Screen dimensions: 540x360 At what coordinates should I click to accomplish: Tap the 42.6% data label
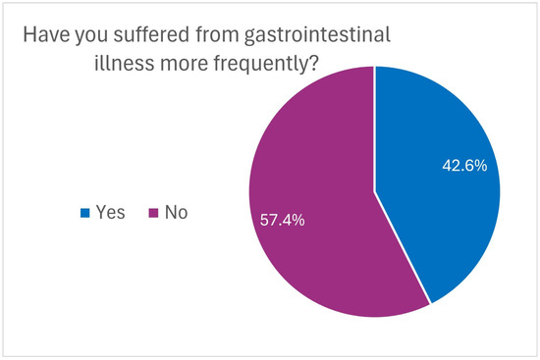[x=464, y=166]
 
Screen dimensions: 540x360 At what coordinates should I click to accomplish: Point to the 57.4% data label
[x=282, y=220]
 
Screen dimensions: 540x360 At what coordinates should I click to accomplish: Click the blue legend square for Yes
[x=85, y=213]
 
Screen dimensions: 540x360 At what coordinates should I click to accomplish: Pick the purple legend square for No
[x=153, y=213]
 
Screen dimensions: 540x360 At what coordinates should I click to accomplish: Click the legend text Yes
[x=111, y=212]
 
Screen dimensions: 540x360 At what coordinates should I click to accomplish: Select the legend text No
[x=177, y=212]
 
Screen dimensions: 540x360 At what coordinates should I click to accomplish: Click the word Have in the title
[x=46, y=34]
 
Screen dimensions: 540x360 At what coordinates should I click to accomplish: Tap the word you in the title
[x=91, y=37]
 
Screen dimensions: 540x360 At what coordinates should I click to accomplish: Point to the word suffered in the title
[x=151, y=34]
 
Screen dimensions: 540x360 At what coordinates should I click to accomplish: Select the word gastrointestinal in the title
[x=317, y=36]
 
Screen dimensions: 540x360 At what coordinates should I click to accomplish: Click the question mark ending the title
[x=313, y=64]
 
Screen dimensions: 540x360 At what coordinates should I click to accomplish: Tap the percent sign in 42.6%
[x=481, y=166]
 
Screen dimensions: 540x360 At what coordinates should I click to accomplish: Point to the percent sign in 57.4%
[x=298, y=220]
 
